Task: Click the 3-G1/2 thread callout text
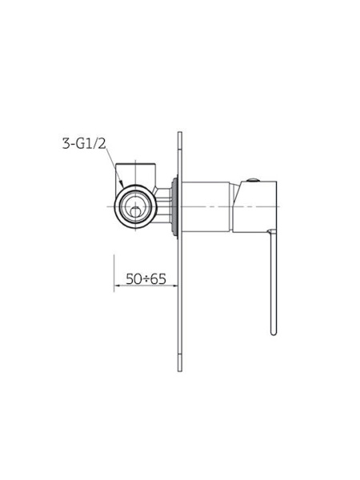[x=84, y=143]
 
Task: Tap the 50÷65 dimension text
[x=146, y=279]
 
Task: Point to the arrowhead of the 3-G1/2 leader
[x=122, y=184]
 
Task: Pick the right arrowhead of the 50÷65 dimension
[x=174, y=286]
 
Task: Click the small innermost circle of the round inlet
[x=134, y=211]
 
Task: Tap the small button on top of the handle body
[x=254, y=180]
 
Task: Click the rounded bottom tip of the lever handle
[x=274, y=333]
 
